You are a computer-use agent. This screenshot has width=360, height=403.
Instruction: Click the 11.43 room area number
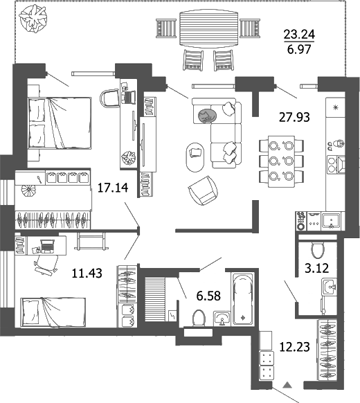(88, 273)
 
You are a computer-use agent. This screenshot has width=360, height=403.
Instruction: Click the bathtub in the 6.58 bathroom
(243, 298)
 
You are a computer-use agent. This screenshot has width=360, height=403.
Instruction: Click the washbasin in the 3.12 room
(329, 287)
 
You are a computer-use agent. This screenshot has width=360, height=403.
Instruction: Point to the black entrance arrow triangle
(289, 384)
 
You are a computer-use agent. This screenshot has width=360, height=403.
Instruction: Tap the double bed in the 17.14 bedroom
(60, 123)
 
